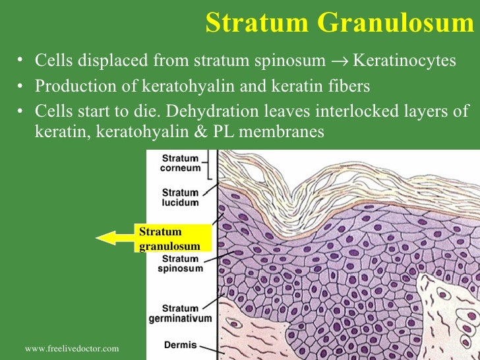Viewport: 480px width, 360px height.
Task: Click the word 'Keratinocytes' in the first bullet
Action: [405, 61]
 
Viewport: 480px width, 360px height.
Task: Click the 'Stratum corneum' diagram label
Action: [180, 163]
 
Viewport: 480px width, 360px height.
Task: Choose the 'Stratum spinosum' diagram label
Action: [180, 264]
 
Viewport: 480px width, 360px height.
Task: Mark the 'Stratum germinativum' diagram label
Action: [180, 313]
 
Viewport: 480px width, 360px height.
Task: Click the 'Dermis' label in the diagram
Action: [179, 345]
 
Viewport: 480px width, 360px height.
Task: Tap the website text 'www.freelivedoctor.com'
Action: [71, 347]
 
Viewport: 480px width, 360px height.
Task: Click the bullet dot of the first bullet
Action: [21, 61]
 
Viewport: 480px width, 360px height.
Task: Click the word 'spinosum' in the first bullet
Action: [294, 61]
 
